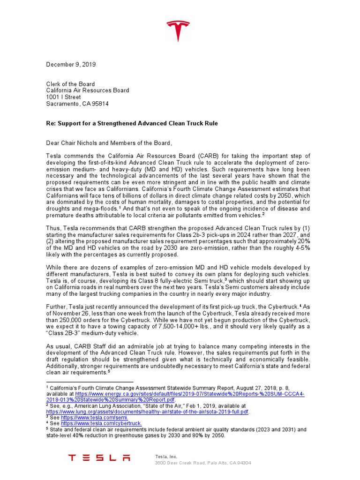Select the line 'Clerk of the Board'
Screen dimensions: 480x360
click(x=70, y=84)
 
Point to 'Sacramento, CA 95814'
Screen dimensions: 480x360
click(x=77, y=104)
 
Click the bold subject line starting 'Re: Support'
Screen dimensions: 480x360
click(x=132, y=123)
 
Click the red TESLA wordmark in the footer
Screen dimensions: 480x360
click(x=99, y=457)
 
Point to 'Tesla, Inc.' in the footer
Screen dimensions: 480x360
click(x=166, y=456)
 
